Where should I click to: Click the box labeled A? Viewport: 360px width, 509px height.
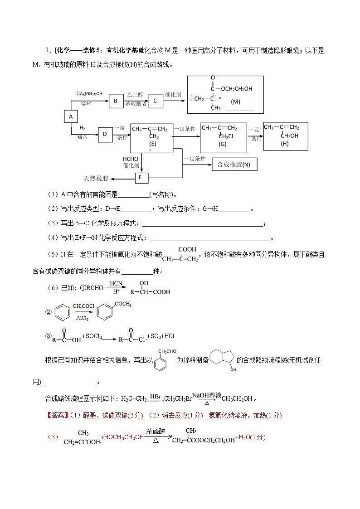70,116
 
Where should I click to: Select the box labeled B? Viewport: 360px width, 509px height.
116,101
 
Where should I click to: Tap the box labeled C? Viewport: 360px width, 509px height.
155,101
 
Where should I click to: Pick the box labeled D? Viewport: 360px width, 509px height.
105,134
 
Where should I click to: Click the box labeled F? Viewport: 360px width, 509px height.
141,178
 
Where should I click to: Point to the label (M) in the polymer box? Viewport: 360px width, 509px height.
235,102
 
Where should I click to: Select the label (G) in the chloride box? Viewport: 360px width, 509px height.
222,144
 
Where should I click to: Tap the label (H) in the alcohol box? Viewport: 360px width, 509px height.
284,143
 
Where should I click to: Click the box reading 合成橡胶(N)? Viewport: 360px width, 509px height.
234,165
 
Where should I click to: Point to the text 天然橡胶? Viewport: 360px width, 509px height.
96,178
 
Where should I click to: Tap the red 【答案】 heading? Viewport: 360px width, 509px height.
56,415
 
